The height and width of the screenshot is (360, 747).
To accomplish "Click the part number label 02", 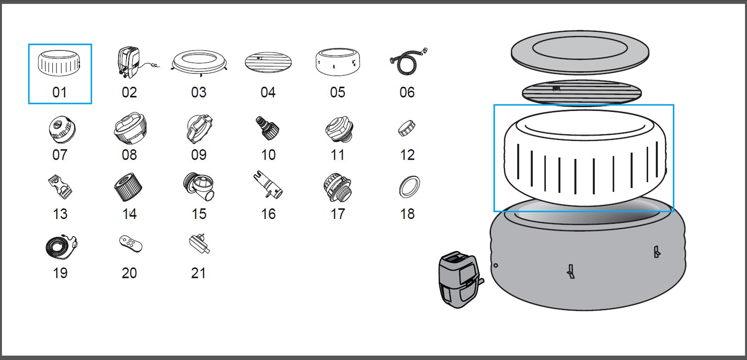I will click(x=129, y=92).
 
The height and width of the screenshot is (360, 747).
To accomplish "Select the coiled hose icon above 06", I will click(x=408, y=63).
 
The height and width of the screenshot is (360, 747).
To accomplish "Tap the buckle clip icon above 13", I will click(x=60, y=187).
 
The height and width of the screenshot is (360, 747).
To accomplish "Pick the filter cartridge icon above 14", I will click(x=128, y=187).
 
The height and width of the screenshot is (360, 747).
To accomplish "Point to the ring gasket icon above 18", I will click(x=409, y=187).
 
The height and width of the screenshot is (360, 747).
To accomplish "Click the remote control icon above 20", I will click(x=130, y=244).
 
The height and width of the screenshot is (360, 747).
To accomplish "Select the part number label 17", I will click(x=338, y=214).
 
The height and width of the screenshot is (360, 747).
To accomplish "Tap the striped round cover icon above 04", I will click(x=268, y=62).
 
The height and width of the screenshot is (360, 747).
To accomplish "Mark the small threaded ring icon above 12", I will click(x=406, y=127).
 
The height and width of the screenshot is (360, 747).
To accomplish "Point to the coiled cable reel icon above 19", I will click(x=61, y=247).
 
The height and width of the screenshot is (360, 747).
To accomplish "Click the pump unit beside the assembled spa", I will click(x=459, y=279).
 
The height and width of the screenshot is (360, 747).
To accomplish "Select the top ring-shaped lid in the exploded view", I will click(x=580, y=52).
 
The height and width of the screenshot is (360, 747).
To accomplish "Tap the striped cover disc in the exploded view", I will click(x=581, y=92).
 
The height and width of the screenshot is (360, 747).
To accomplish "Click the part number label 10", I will click(x=268, y=155).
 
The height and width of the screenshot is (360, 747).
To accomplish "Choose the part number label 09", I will click(x=199, y=155).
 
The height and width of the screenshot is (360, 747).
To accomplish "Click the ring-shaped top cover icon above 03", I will click(x=199, y=62).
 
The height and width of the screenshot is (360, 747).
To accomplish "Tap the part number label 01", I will click(x=60, y=92).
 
